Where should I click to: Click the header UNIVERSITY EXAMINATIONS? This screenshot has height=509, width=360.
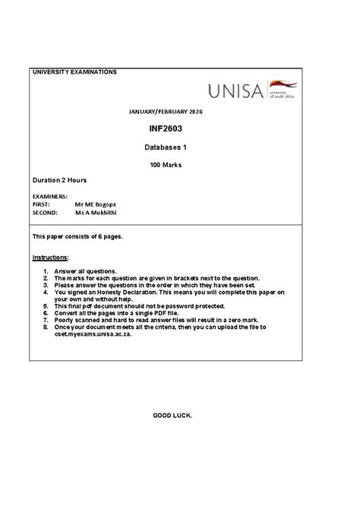pos(74,72)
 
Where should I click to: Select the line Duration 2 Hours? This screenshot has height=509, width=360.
pos(59,181)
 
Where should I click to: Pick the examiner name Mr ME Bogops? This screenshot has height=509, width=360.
pos(96,205)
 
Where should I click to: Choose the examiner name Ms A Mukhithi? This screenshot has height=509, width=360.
pos(96,213)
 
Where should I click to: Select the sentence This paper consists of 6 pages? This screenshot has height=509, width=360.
pos(77,236)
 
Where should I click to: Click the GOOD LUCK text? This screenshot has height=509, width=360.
pos(172,416)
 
